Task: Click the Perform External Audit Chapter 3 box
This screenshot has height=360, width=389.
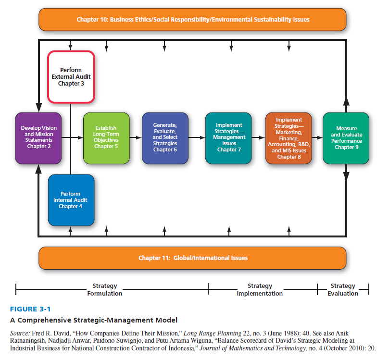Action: click(71, 77)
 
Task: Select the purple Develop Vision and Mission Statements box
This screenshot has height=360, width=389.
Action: click(39, 137)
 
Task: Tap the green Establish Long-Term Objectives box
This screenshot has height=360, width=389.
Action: click(106, 137)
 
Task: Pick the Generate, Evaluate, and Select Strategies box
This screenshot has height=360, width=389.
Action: click(165, 137)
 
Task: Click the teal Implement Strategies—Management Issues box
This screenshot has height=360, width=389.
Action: click(228, 137)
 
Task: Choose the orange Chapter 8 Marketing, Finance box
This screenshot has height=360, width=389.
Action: click(289, 138)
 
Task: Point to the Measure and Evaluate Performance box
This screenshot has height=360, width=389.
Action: click(346, 138)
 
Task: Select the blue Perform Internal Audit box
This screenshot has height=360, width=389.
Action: click(71, 200)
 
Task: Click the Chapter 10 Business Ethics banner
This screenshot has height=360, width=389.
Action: click(192, 20)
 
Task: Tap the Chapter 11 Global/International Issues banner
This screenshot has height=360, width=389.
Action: click(192, 258)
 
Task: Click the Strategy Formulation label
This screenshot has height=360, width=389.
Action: click(105, 289)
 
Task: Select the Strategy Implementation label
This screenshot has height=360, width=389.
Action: click(260, 289)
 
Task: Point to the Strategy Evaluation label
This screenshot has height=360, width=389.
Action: click(343, 289)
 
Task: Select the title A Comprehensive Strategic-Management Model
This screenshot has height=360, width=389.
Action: click(93, 320)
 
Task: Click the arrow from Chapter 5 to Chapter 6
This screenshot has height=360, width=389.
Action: click(136, 137)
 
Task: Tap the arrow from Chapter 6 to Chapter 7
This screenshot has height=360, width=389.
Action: click(197, 137)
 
